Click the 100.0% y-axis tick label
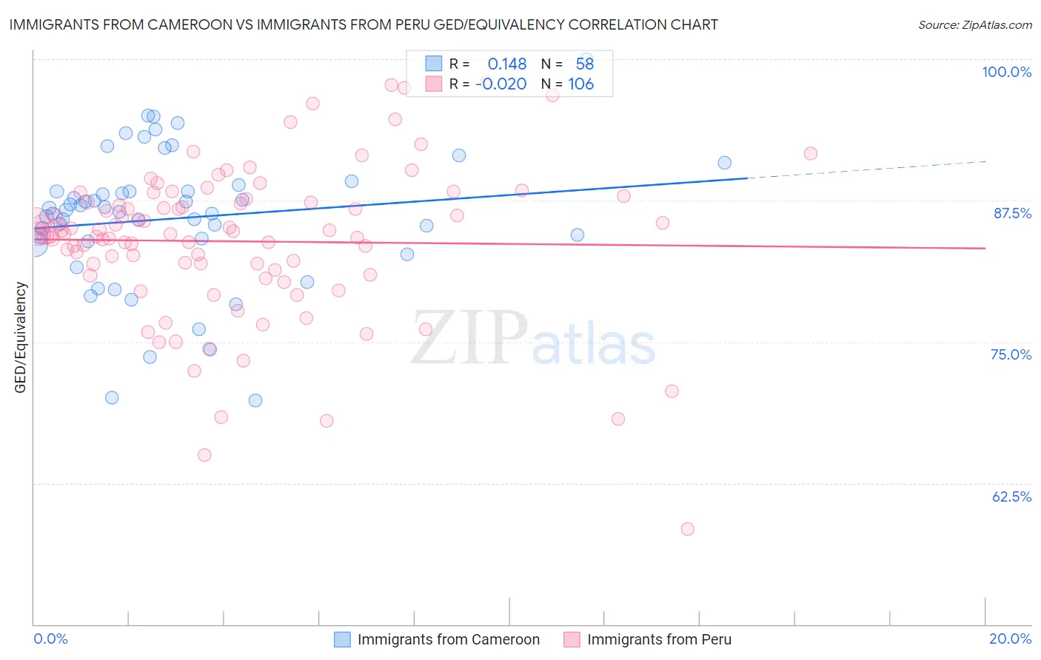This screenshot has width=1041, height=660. pyautogui.click(x=1006, y=72)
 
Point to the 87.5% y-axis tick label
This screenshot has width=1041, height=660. pyautogui.click(x=1012, y=213)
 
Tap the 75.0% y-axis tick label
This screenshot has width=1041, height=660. pyautogui.click(x=1011, y=354)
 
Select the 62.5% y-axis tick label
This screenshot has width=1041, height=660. pyautogui.click(x=1011, y=496)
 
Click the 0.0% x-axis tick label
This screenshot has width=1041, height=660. pyautogui.click(x=50, y=639)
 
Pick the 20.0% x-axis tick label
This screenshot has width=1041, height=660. pyautogui.click(x=1010, y=639)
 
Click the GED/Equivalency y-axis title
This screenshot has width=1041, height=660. pyautogui.click(x=21, y=337)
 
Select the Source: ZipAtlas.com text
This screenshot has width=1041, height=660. pyautogui.click(x=974, y=24)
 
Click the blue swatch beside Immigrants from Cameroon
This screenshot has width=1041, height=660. pyautogui.click(x=342, y=639)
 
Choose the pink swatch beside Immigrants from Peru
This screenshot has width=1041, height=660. pyautogui.click(x=572, y=639)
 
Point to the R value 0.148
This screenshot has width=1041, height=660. pyautogui.click(x=507, y=64)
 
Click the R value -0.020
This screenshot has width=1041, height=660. pyautogui.click(x=501, y=84)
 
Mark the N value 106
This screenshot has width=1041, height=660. pyautogui.click(x=581, y=84)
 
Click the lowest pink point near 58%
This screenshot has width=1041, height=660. pyautogui.click(x=687, y=529)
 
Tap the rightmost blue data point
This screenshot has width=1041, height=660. pyautogui.click(x=724, y=163)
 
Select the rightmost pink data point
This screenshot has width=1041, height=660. pyautogui.click(x=811, y=153)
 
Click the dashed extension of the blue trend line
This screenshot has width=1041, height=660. pyautogui.click(x=866, y=169)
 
